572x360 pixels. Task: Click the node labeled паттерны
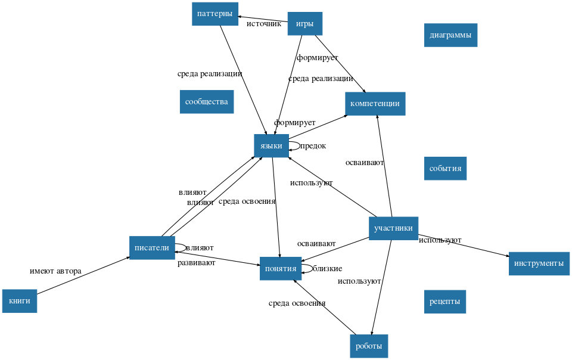pos(214,14)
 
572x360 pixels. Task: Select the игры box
pos(304,24)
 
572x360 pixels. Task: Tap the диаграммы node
pos(450,35)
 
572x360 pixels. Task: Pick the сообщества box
pos(206,101)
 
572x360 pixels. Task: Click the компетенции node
pos(375,104)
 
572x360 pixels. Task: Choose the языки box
pos(271,145)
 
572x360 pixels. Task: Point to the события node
pos(445,168)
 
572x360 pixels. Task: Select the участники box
pos(393,228)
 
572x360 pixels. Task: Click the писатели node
pos(152,248)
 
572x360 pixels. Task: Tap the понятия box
pos(279,268)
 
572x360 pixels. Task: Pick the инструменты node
pos(539,263)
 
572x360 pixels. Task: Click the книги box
pos(20,301)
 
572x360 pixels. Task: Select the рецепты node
pos(444,302)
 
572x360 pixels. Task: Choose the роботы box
pos(369,346)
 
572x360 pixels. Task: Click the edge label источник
pos(263,24)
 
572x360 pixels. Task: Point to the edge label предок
pos(313,145)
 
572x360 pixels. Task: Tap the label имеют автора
pos(55,271)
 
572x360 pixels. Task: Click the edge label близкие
pos(327,268)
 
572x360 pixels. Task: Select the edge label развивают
pos(196,262)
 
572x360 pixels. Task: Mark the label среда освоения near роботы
pos(297,303)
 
